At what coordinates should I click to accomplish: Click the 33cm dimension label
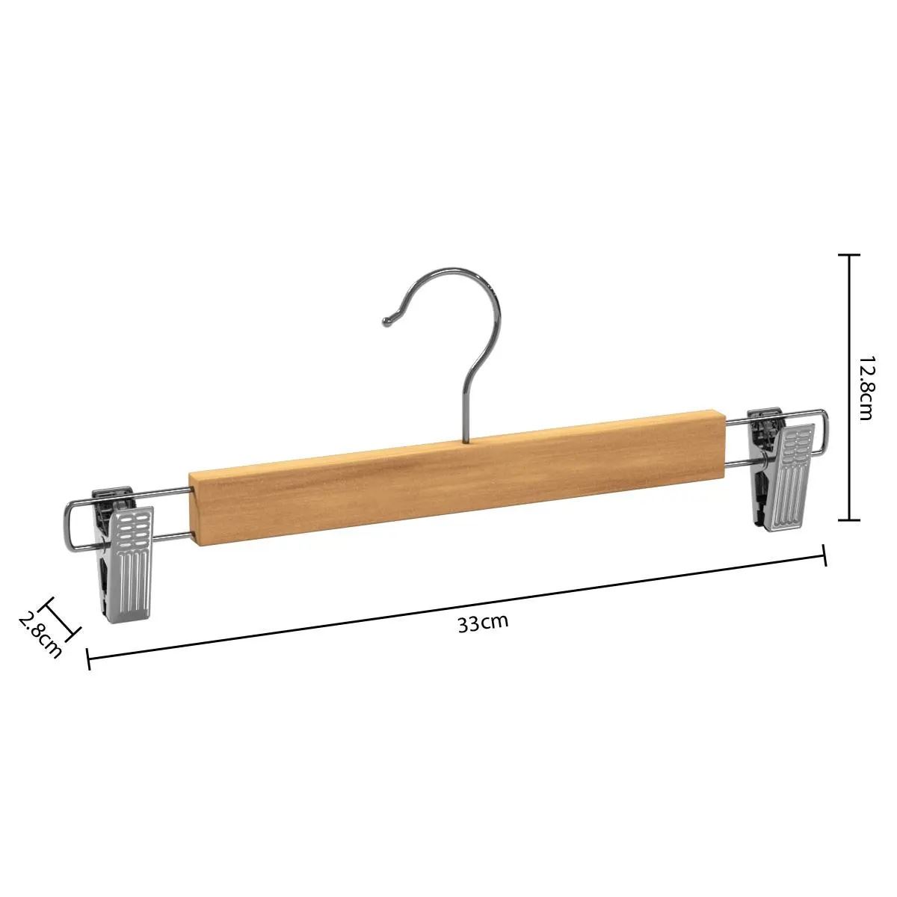tap(483, 624)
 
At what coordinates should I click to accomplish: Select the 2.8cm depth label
tap(38, 635)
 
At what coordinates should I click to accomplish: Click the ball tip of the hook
tap(387, 322)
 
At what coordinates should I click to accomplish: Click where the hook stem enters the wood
tap(465, 440)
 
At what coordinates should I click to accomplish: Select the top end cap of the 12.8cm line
tap(848, 256)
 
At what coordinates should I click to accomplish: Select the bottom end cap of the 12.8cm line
tap(848, 520)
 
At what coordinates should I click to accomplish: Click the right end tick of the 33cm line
tap(824, 555)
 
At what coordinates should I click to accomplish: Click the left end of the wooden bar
tap(196, 508)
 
